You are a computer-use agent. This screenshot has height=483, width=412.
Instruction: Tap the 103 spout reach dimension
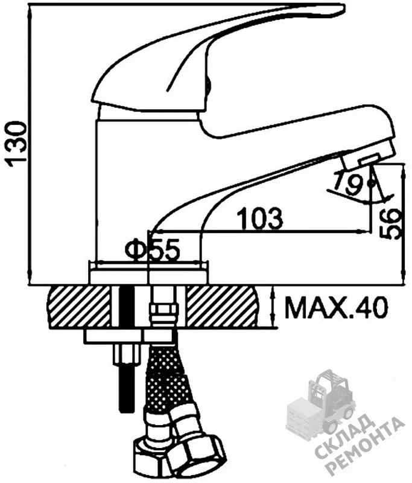tap(261, 218)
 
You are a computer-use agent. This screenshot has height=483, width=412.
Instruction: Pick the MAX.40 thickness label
tap(335, 307)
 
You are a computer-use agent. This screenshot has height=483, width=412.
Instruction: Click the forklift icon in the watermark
tap(323, 403)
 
